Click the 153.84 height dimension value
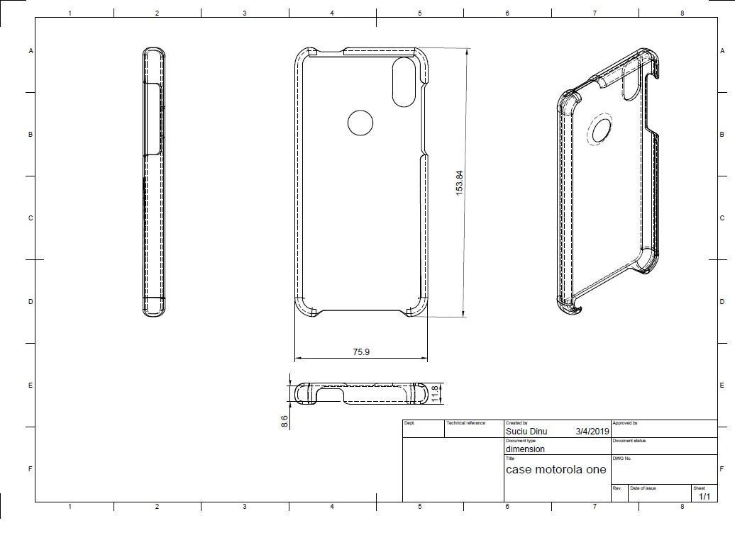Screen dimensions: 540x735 click(460, 183)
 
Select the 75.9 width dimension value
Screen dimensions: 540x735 click(361, 351)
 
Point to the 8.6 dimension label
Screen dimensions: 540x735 click(284, 420)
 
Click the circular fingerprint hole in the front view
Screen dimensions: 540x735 click(360, 123)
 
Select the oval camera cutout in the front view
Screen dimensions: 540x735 click(404, 81)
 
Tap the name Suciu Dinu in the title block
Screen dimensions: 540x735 click(526, 431)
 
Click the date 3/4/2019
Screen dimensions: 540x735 click(592, 431)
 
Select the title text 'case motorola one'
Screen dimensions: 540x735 click(556, 469)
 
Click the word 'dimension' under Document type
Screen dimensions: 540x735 click(525, 449)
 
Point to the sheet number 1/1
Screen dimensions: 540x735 click(704, 496)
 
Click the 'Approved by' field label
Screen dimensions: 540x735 click(625, 423)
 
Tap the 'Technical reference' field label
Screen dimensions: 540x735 click(465, 423)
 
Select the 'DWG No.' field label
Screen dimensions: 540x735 click(622, 459)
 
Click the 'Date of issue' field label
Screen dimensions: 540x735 click(643, 488)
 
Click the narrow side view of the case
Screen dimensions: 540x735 click(154, 181)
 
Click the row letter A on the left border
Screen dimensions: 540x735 click(31, 51)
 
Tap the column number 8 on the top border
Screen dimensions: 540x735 click(682, 13)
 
